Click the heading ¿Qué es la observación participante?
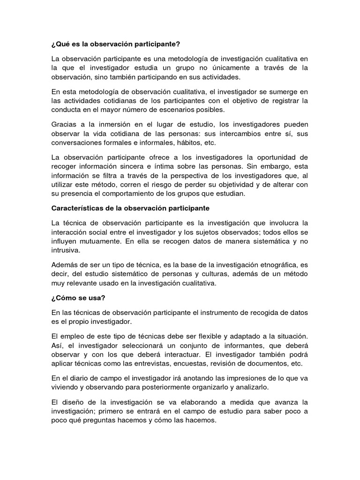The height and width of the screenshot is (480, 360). pyautogui.click(x=115, y=44)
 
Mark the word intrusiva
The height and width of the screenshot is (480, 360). pyautogui.click(x=66, y=251)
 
